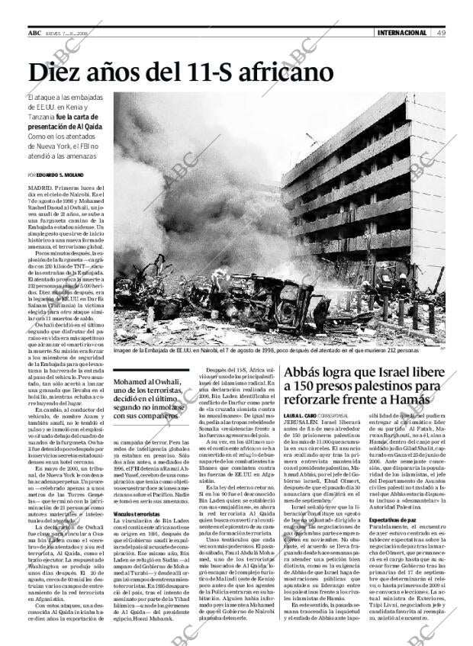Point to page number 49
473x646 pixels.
[442, 33]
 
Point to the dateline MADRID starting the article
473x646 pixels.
[40, 185]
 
